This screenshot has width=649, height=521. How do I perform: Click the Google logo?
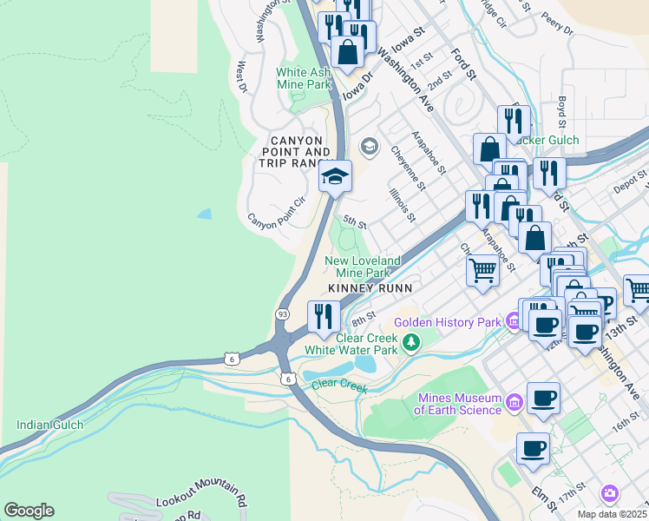(29, 511)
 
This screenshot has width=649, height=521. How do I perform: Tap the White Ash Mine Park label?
(304, 79)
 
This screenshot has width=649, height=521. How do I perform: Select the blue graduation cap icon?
(335, 177)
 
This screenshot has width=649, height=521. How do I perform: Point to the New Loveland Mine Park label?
(363, 267)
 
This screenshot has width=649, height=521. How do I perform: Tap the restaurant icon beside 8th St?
(324, 317)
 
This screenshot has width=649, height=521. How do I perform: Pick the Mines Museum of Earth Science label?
(459, 404)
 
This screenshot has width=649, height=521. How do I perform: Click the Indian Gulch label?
(49, 425)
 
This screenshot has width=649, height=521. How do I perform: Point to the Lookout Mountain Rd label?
(202, 501)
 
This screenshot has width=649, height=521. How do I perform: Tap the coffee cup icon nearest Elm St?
(534, 450)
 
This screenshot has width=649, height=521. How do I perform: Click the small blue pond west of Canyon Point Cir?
(203, 213)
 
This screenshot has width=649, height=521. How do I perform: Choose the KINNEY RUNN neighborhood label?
(369, 287)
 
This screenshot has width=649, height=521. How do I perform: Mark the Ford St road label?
(464, 65)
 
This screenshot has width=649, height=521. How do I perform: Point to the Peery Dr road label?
(556, 23)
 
